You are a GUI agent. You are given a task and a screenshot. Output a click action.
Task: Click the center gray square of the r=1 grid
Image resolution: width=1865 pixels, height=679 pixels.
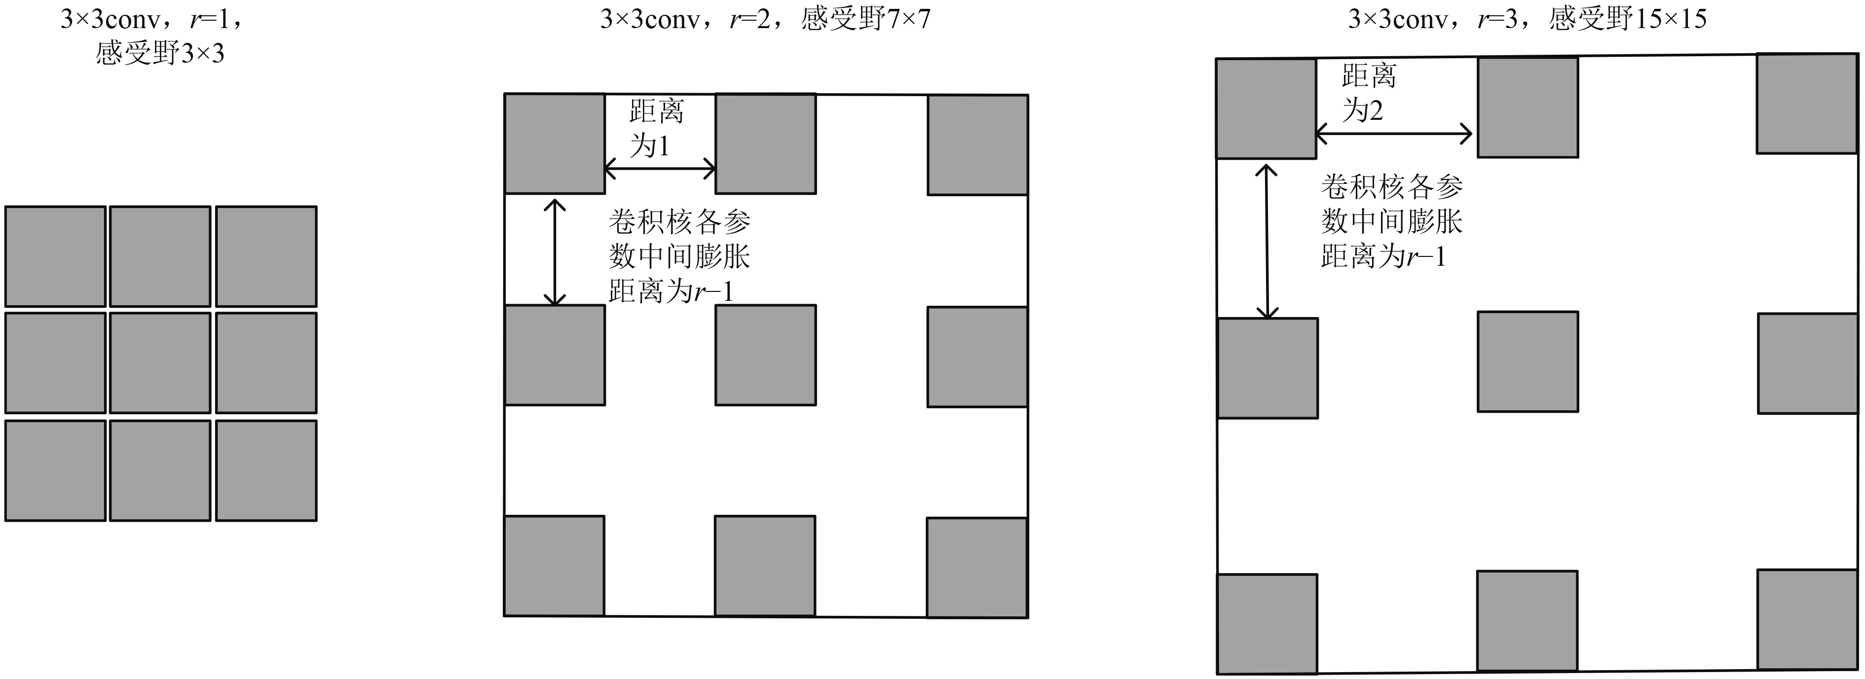(160, 362)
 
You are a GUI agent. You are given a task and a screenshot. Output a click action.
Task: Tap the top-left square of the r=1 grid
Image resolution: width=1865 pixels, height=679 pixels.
(56, 256)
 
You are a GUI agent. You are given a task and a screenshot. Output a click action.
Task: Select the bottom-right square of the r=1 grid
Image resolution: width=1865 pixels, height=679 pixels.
(266, 470)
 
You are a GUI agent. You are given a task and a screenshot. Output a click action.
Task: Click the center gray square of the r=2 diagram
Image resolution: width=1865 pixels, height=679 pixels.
(765, 355)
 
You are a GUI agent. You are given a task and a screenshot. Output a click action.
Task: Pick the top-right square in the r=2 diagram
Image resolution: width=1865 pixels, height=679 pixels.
(977, 145)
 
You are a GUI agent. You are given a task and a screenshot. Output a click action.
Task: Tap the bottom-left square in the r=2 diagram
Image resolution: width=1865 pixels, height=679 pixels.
(554, 566)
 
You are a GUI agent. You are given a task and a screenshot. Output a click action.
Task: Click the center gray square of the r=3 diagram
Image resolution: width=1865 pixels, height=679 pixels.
(1528, 361)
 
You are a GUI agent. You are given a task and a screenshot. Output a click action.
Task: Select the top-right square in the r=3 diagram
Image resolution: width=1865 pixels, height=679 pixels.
(1807, 104)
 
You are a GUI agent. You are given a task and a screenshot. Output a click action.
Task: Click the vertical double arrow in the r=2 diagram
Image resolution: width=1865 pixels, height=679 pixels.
(555, 252)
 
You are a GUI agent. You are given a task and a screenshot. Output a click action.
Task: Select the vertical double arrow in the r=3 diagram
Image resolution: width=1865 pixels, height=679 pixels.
(1266, 242)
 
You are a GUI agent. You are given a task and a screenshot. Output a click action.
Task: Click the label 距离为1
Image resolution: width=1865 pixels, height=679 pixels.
(656, 129)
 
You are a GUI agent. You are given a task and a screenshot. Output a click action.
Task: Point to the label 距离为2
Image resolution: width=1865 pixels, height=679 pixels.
(1368, 93)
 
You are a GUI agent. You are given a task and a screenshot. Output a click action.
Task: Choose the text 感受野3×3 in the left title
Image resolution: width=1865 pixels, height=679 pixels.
(160, 53)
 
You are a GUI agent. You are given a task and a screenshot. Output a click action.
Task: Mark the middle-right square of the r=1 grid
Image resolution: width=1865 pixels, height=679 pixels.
(266, 362)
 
